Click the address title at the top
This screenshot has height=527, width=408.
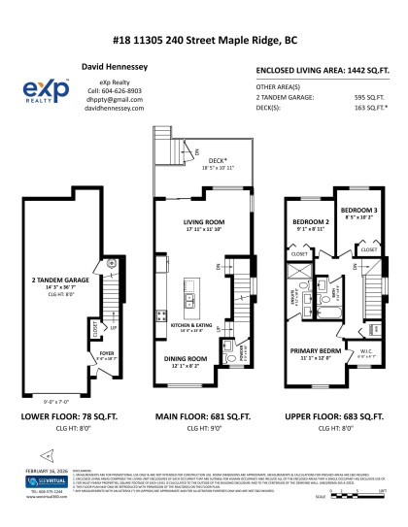(204, 41)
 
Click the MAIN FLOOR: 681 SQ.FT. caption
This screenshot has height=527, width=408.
(203, 415)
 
